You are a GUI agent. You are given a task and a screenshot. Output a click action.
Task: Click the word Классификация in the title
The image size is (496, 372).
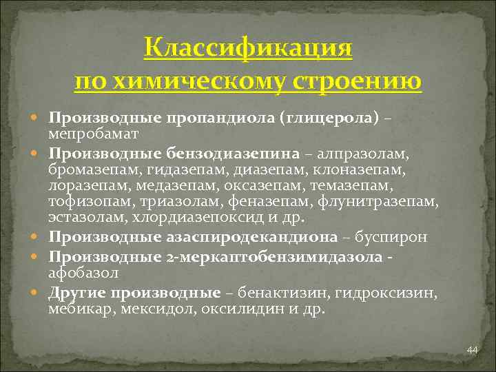click(248, 50)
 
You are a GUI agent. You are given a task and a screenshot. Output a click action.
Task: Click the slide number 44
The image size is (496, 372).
click(472, 351)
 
